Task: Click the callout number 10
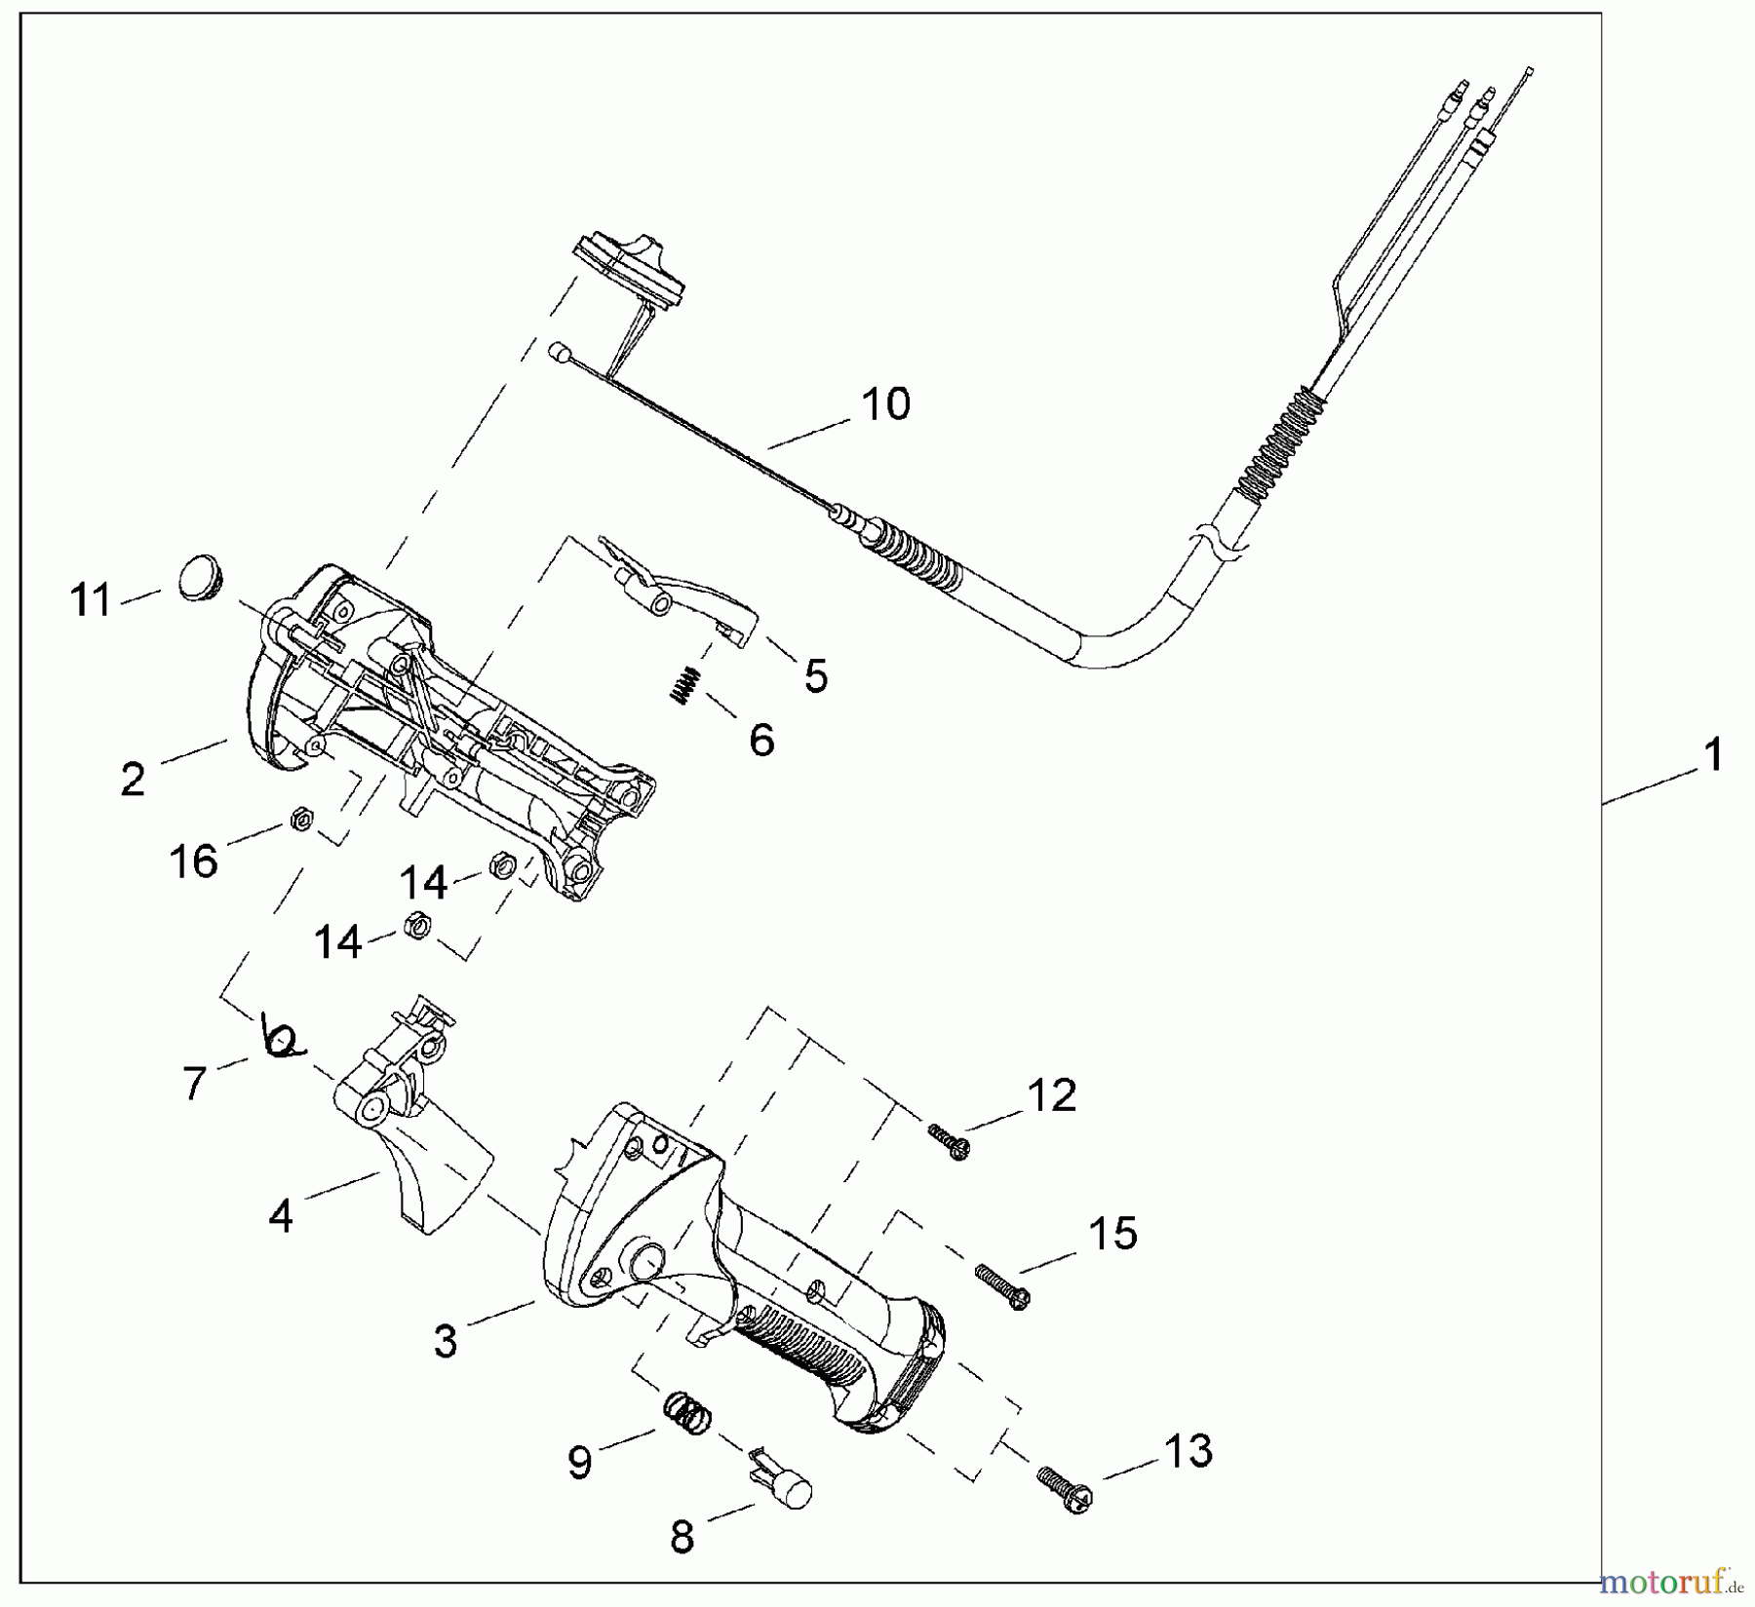click(885, 403)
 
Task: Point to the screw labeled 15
click(1002, 1285)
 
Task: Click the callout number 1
click(1711, 755)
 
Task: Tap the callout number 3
click(445, 1341)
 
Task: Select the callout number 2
click(133, 780)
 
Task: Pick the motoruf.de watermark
click(1673, 1577)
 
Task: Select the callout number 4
click(281, 1215)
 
